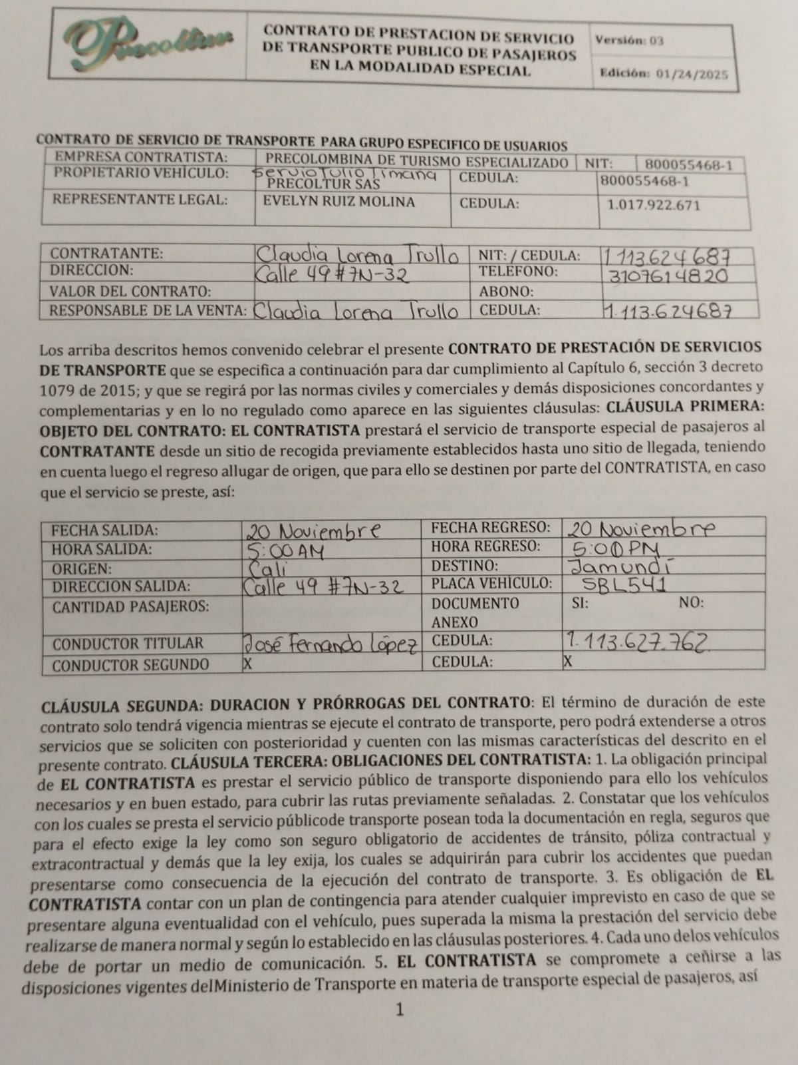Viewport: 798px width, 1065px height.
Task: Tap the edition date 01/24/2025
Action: click(x=692, y=73)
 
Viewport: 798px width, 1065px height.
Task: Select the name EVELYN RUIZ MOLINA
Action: click(x=339, y=202)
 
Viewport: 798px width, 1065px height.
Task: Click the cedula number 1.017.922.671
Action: click(x=653, y=204)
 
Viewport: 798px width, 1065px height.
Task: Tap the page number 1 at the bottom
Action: click(x=400, y=1010)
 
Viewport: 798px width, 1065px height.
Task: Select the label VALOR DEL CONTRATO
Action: click(x=130, y=292)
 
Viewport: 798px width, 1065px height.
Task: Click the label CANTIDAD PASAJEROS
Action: click(x=130, y=607)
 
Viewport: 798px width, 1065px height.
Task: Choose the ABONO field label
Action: click(x=506, y=292)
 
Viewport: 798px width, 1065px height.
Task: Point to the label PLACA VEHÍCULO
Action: click(x=491, y=584)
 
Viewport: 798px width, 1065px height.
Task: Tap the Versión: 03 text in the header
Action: click(x=629, y=40)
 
